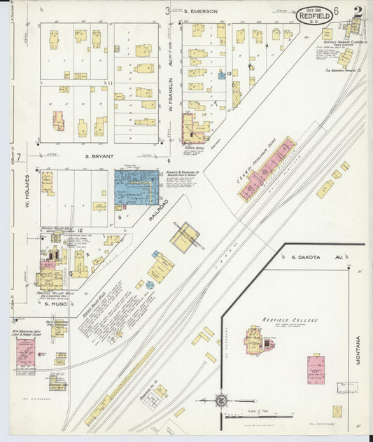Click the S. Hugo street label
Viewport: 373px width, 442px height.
coord(55,304)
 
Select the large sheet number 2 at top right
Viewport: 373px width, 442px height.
coord(358,12)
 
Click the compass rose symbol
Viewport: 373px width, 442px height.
coord(220,401)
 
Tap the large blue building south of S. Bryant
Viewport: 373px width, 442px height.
coord(136,187)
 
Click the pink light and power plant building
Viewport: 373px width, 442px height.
coord(26,354)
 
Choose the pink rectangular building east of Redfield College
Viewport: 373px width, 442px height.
coord(316,369)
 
